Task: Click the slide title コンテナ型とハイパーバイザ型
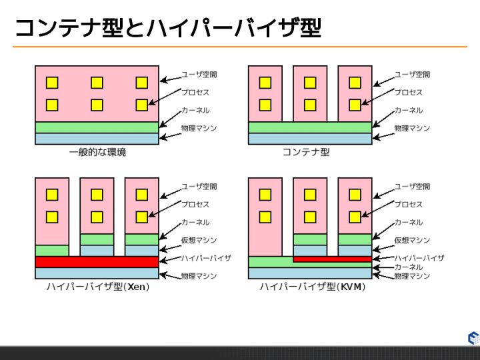(167, 28)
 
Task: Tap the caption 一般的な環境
(97, 153)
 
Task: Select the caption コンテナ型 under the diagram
(306, 153)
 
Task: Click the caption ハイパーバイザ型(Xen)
(97, 287)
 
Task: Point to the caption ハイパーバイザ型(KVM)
(310, 287)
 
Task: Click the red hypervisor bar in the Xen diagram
(97, 262)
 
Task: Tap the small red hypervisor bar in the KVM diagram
(332, 259)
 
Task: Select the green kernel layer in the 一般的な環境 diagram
(97, 127)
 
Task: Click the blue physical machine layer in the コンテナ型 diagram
(310, 139)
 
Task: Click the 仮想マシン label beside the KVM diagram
(412, 240)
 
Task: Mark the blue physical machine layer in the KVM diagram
(310, 273)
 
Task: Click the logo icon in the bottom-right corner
(473, 338)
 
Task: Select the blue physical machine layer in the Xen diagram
(97, 273)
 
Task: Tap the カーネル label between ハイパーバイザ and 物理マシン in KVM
(408, 267)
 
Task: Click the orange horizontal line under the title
(240, 47)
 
